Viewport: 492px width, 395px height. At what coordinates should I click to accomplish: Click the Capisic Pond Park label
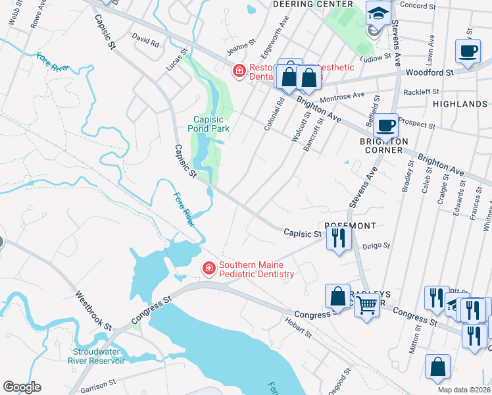click(209, 124)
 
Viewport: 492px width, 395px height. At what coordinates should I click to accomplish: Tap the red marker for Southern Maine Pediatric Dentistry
click(209, 268)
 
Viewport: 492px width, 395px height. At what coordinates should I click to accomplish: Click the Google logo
click(22, 387)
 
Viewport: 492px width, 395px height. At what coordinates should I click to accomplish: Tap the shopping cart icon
click(366, 305)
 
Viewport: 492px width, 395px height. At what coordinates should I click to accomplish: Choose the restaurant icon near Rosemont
click(338, 237)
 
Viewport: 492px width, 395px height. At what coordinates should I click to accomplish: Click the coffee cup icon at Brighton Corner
click(386, 124)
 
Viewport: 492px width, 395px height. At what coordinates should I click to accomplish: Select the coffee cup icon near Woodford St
click(468, 51)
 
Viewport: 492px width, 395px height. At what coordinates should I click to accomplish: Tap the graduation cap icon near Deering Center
click(378, 13)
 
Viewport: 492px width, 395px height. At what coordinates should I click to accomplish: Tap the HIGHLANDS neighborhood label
click(460, 104)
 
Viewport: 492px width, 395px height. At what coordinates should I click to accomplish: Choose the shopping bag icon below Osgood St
click(437, 367)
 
